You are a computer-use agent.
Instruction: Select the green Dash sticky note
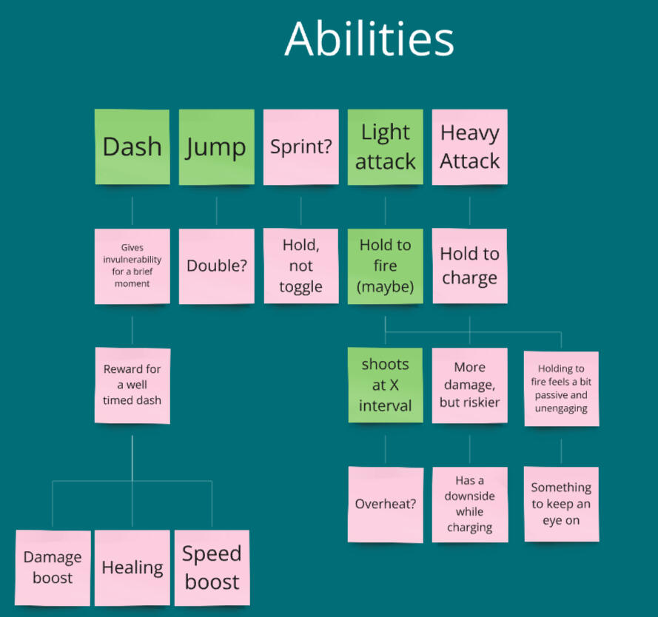point(132,146)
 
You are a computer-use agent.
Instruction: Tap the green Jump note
point(216,146)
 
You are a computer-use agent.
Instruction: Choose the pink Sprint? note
point(301,146)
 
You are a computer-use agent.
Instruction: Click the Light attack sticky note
point(385,146)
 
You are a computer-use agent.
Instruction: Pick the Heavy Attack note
point(469,146)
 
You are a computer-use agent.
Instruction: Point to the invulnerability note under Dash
point(132,266)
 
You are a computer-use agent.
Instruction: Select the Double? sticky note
point(216,266)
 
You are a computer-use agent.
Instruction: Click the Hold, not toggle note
point(301,266)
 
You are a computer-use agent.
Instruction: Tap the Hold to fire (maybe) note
point(385,266)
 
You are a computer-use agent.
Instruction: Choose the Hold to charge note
point(469,266)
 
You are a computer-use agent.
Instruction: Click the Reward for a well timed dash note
point(132,385)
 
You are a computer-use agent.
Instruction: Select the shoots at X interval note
point(385,385)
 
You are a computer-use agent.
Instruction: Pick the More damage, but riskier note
point(469,385)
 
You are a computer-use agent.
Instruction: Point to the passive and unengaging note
point(560,388)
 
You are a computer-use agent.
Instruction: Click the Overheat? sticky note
point(385,505)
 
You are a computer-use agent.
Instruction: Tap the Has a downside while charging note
point(469,505)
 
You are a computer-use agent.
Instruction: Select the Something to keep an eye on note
point(560,504)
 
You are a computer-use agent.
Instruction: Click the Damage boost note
point(53,567)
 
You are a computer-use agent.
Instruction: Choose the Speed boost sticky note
point(212,567)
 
